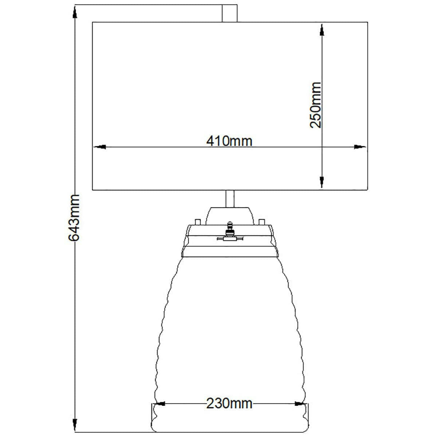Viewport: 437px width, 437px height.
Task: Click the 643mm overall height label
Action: pos(74,218)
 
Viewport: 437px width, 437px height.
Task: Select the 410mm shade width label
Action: pos(229,141)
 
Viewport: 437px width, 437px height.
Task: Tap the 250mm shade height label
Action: pos(315,105)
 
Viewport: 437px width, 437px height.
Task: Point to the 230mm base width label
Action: pos(229,403)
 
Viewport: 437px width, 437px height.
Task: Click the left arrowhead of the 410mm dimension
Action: pos(100,147)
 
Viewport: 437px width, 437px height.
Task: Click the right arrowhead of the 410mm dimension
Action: pos(360,147)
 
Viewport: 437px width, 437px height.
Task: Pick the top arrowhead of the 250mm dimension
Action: pos(322,30)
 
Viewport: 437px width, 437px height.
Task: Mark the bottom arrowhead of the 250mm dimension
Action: pos(322,182)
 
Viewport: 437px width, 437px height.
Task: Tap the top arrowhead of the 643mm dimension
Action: pos(75,12)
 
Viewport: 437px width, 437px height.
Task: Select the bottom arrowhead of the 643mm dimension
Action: pos(75,425)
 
